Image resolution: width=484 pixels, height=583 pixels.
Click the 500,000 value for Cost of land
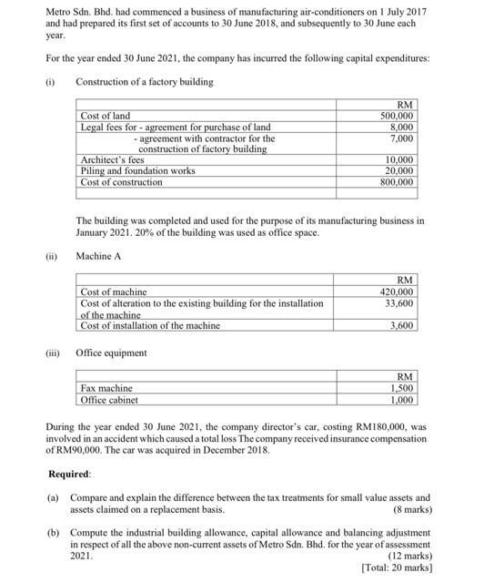397,117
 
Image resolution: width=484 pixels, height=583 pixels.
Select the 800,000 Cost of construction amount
397,181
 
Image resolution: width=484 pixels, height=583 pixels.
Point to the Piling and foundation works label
137,170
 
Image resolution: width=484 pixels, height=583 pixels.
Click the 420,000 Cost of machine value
397,291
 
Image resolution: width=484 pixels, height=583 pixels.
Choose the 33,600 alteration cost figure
400,302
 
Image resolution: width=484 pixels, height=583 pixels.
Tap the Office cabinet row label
109,400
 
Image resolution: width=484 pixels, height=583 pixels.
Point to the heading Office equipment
112,353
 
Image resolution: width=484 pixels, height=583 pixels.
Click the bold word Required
70,475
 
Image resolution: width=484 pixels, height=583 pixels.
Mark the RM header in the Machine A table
406,280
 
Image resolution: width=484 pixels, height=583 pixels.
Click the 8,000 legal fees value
401,128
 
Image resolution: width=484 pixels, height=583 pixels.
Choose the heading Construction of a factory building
145,82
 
